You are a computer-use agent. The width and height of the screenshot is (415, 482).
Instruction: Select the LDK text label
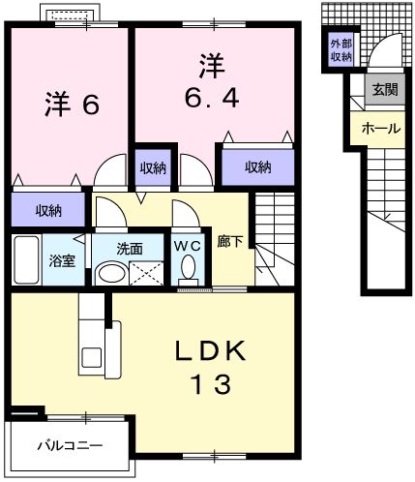211,349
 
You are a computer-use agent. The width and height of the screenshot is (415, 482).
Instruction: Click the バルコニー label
70,446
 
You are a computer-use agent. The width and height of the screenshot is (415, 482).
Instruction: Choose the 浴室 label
63,259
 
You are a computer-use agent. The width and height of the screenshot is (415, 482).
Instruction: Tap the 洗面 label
131,249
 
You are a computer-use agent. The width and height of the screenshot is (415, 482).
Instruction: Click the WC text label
187,245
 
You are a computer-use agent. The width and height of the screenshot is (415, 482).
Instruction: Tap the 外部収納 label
340,50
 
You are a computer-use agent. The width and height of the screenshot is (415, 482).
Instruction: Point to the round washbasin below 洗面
111,272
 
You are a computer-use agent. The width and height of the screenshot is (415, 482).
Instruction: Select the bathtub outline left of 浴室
27,259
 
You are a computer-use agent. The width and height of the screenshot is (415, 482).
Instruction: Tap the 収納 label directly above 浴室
49,209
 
